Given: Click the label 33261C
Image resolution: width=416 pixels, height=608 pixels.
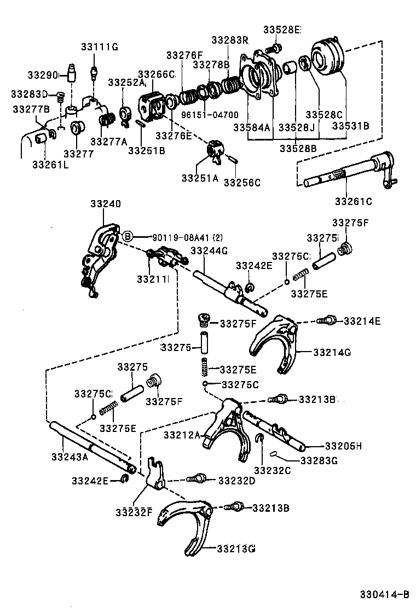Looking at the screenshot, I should (353, 201).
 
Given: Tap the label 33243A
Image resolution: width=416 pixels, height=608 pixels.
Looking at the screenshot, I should (70, 456).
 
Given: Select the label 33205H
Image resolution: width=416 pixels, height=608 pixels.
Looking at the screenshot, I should (343, 446).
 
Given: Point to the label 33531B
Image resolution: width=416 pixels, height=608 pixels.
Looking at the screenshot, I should (350, 126).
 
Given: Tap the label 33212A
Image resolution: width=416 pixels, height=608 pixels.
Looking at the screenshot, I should (182, 435).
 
